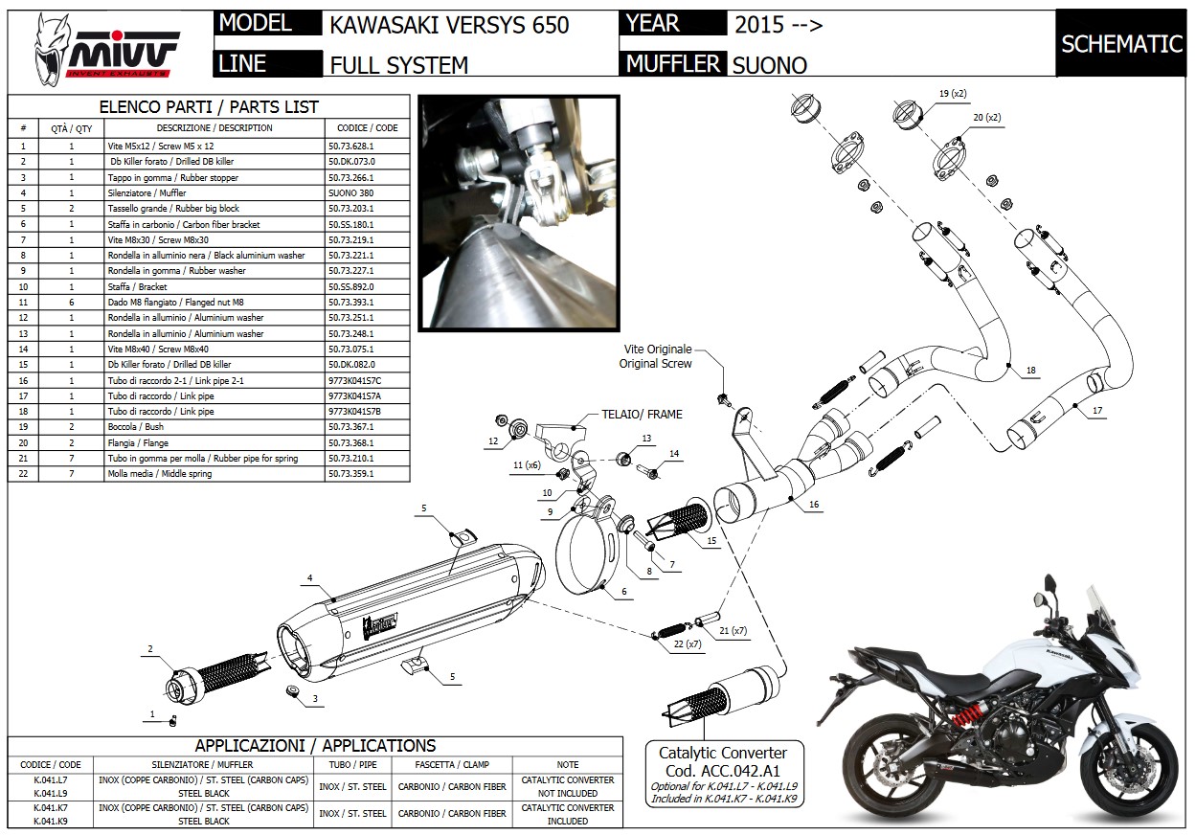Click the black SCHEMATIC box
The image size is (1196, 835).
pos(1121,43)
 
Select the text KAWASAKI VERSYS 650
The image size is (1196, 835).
pos(449,25)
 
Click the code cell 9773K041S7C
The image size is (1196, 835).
pos(354,380)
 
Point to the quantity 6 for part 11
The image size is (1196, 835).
pos(71,302)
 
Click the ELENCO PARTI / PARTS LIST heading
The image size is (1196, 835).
pos(209,107)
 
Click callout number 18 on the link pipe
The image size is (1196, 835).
pos(1030,371)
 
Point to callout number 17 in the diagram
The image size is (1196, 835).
pos(1097,409)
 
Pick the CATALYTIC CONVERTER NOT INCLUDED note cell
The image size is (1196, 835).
pos(567,786)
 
